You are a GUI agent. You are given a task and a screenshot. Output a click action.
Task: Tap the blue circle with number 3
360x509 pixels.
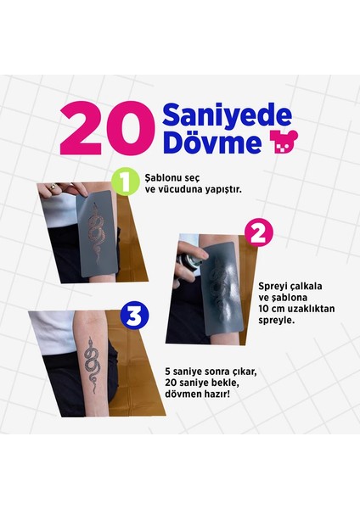click(135, 316)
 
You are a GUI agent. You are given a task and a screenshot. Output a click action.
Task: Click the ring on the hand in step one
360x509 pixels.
click(53, 185)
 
